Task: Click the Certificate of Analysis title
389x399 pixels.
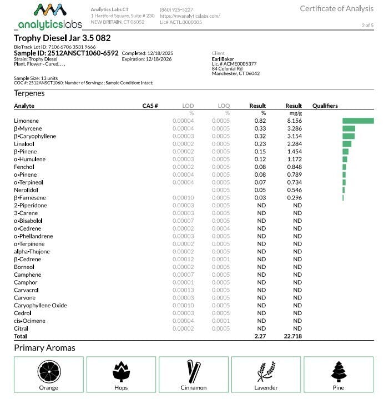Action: coord(336,8)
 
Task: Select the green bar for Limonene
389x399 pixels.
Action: coord(358,121)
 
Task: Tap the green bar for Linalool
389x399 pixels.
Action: coord(347,144)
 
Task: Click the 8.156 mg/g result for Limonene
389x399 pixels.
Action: coord(294,121)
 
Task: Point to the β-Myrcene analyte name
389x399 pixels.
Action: coord(27,128)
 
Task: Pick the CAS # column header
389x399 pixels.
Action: coord(150,106)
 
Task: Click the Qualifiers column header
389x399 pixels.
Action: coord(325,106)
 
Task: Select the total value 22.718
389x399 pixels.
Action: coord(292,336)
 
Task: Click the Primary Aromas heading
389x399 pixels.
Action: coord(44,348)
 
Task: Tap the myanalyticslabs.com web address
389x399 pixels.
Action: coord(190,16)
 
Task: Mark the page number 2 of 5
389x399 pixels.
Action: coord(367,26)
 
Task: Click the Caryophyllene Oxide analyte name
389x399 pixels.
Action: coord(40,305)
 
